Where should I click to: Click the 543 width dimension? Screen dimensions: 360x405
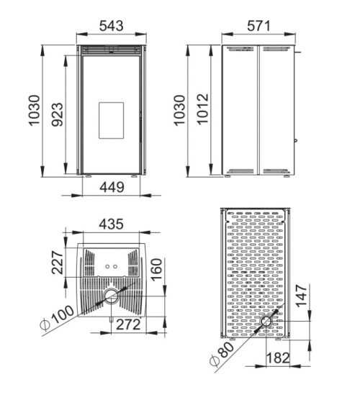coord(112,26)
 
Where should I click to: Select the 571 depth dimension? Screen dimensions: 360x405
coord(258,26)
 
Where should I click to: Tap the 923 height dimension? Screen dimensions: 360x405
coord(58,114)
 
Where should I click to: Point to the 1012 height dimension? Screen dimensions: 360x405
coord(202,109)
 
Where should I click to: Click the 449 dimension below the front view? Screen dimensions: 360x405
coord(112,187)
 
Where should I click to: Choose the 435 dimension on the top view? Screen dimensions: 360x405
coord(111,224)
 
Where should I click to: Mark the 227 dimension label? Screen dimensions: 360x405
coord(58,262)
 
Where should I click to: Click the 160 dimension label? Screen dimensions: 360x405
coord(156,270)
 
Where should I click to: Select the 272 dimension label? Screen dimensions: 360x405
coord(128,324)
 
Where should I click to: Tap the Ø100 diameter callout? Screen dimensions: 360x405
coord(57,318)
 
